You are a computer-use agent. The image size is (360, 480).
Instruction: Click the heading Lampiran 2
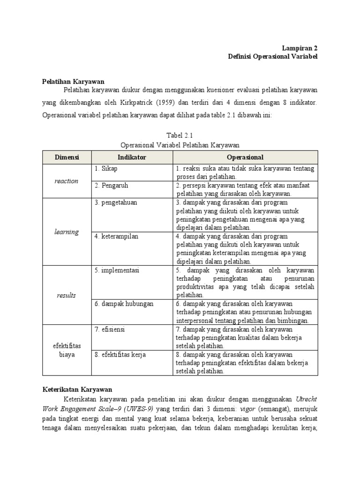300,48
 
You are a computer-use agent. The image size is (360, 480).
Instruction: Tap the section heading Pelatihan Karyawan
73,82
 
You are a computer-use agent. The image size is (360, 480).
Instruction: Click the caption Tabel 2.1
180,135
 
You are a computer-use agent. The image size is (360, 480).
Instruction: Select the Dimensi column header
66,157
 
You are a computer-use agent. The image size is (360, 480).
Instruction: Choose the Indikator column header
132,157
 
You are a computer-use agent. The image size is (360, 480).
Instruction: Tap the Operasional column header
245,157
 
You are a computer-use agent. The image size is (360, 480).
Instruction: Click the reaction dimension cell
66,181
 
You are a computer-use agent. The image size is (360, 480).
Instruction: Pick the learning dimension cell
66,232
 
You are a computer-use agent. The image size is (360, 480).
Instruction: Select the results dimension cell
66,295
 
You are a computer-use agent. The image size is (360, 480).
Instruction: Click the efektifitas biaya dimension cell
66,350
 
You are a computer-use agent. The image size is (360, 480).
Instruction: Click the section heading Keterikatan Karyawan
77,389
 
